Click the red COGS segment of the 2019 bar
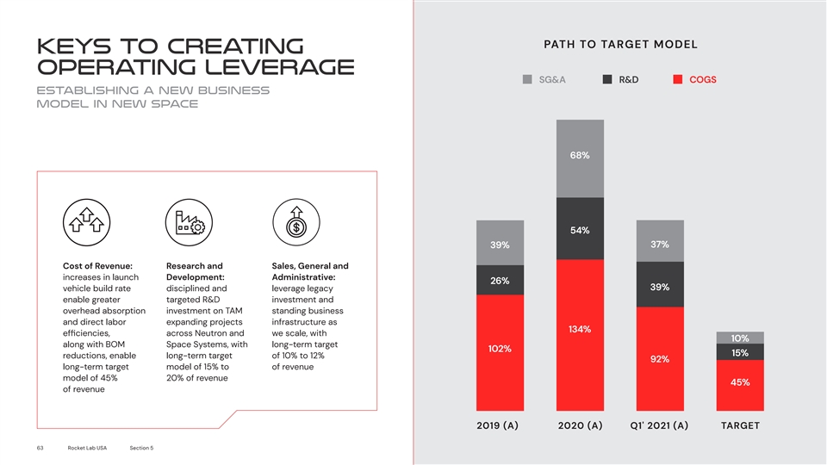coord(500,353)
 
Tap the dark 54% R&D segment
coord(580,229)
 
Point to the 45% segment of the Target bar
coord(739,385)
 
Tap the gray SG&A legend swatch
coord(529,80)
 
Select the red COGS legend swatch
coord(678,80)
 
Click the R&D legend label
coord(629,80)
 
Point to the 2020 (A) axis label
coord(580,425)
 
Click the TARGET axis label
coord(739,425)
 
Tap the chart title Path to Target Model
coord(620,45)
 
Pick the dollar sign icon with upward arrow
coord(295,224)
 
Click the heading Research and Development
coord(194,271)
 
